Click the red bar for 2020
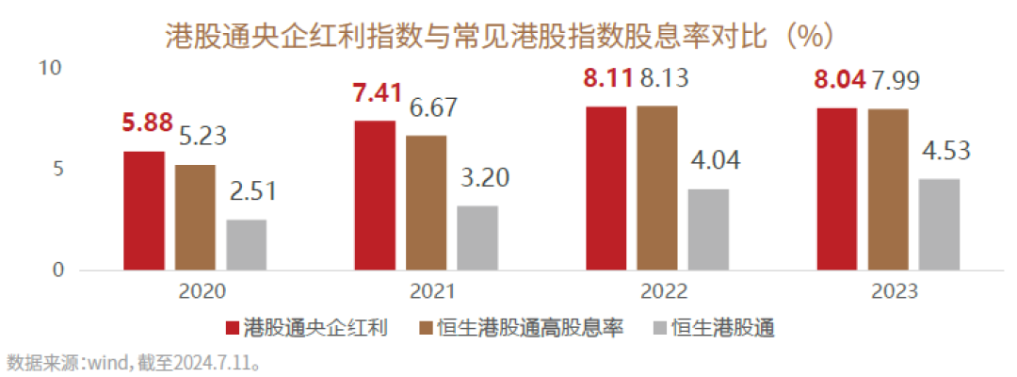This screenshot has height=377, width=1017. (x=144, y=211)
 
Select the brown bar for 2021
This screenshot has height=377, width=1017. (x=427, y=203)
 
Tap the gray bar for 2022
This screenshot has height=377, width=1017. (x=708, y=230)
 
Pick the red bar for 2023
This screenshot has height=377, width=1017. (x=836, y=189)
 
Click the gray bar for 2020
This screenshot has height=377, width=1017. (x=246, y=245)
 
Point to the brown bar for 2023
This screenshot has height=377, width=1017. (x=888, y=190)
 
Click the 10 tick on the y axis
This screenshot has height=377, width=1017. (x=49, y=69)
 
